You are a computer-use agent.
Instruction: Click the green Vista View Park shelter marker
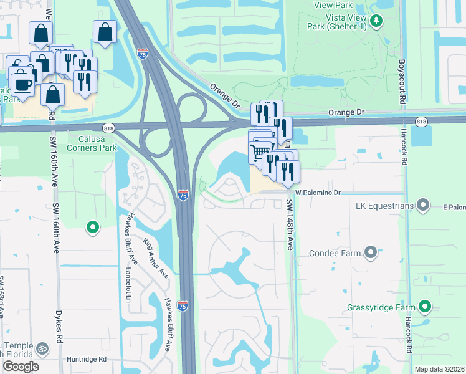tap(376, 22)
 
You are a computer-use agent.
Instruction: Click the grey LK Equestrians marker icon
tap(424, 204)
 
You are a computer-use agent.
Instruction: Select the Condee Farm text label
tap(335, 253)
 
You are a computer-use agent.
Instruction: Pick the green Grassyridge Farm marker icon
tap(425, 307)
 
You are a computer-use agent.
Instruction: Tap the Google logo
tap(21, 367)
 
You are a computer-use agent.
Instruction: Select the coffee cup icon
tap(22, 84)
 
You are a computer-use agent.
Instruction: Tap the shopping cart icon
tap(260, 151)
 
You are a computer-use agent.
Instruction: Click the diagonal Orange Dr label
tap(225, 96)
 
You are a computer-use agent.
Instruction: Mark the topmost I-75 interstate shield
tap(143, 54)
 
